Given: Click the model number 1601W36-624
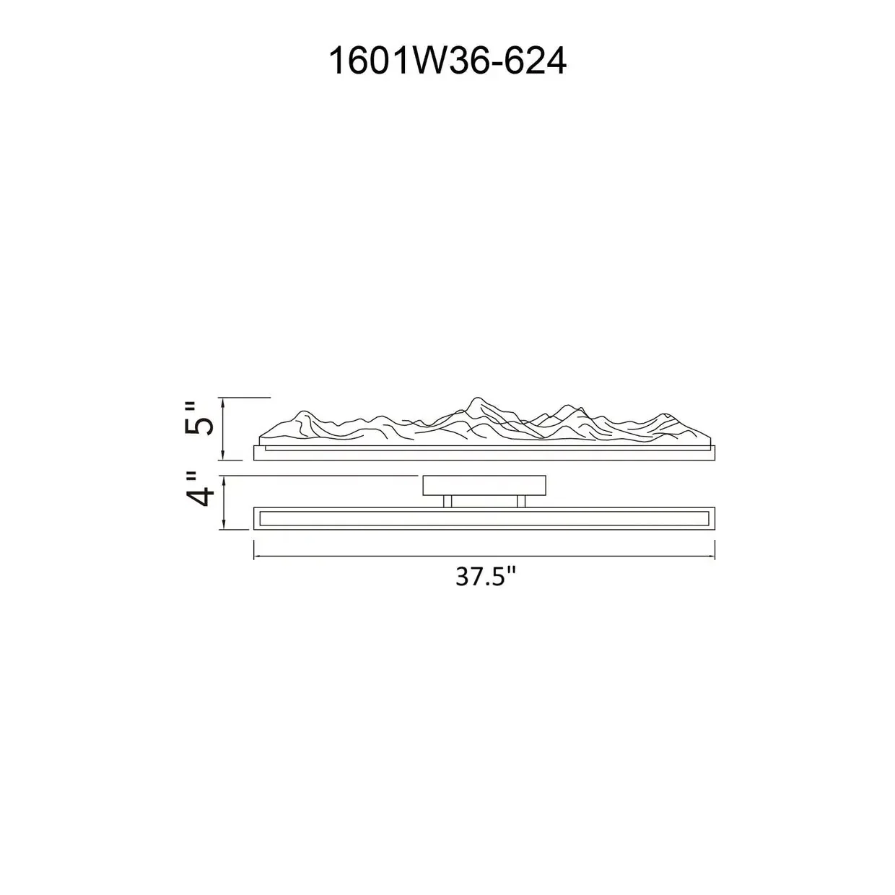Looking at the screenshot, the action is pos(447,61).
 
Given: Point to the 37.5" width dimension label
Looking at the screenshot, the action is pos(486,577).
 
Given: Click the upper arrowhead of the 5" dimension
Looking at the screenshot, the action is pos(224,402).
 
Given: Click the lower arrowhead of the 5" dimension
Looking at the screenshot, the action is pos(224,455).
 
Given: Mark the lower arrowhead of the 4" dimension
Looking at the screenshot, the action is pos(224,524).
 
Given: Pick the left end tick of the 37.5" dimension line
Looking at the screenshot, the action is pos(253,550).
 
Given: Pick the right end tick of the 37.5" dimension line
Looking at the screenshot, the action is pos(715,550).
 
